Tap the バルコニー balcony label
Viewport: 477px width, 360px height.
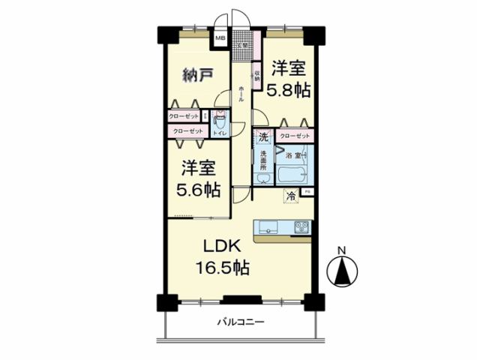point(241,323)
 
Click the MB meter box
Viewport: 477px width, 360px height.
point(220,38)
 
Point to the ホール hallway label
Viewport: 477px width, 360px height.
point(241,94)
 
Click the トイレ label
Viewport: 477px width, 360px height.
point(219,133)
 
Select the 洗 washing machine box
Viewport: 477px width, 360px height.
point(262,137)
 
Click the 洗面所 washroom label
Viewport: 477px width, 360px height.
point(264,160)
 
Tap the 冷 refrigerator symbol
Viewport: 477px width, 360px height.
point(290,196)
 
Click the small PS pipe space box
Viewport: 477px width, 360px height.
point(307,193)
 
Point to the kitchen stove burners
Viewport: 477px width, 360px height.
point(301,226)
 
